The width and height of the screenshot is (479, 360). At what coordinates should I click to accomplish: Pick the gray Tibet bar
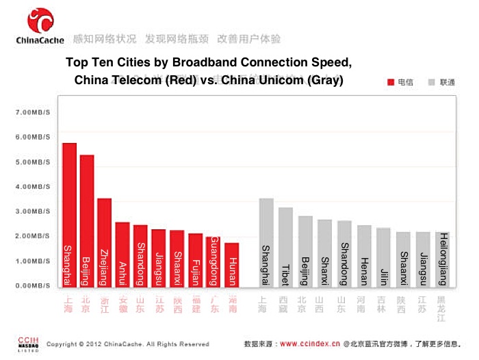pyautogui.click(x=285, y=246)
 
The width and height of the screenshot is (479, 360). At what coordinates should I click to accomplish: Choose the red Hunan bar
pyautogui.click(x=232, y=264)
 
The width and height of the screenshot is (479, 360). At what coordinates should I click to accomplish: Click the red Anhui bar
pyautogui.click(x=122, y=254)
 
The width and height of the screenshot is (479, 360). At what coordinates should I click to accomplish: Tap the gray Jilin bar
pyautogui.click(x=384, y=257)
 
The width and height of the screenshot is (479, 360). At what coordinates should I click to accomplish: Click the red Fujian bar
pyautogui.click(x=196, y=259)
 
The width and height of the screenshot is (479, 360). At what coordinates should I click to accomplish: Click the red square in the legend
pyautogui.click(x=391, y=82)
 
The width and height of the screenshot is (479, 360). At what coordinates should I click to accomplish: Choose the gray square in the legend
pyautogui.click(x=431, y=82)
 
